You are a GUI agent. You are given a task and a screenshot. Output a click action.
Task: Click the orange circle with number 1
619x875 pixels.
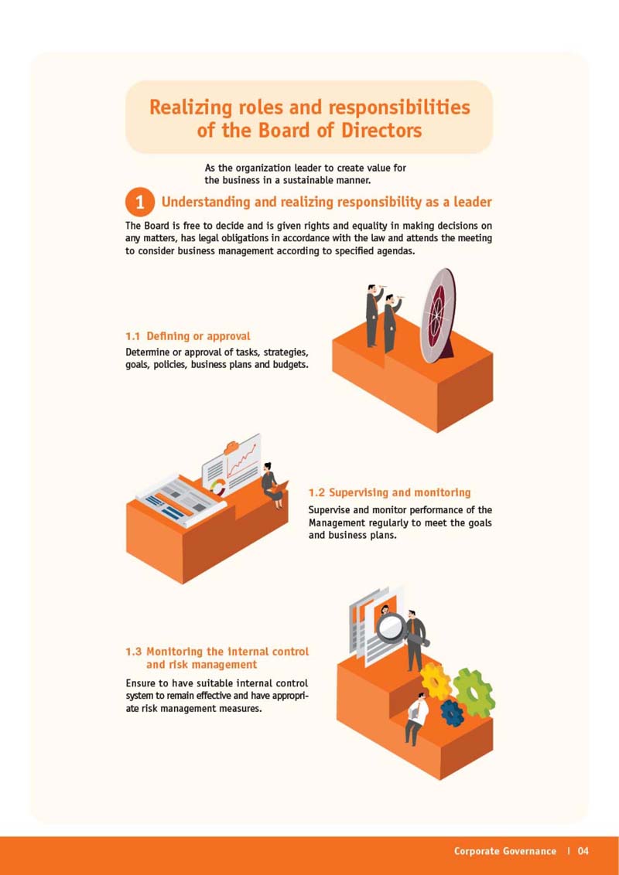pos(139,202)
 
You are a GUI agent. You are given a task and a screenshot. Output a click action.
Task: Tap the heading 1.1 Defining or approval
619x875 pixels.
pos(188,336)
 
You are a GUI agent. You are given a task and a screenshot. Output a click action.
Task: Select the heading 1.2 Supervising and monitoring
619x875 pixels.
pos(389,492)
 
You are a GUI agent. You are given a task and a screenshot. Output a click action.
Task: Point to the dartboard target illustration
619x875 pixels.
pos(439,315)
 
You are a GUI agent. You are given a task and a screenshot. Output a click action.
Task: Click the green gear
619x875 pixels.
pos(474,693)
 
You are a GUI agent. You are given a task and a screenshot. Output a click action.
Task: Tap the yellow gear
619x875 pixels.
pos(436,681)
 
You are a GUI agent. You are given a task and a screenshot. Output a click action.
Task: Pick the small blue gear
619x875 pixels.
pos(452,713)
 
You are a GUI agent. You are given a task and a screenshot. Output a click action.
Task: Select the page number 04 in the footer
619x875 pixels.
pos(583,851)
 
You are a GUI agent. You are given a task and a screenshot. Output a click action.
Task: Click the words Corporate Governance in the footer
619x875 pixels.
pos(505,851)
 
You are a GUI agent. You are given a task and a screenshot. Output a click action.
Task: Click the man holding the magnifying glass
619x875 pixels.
pos(415,640)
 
